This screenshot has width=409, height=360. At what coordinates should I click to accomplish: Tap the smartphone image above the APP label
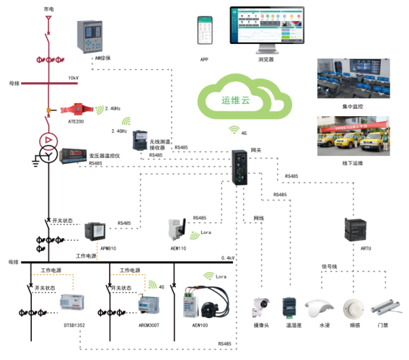click(x=205, y=32)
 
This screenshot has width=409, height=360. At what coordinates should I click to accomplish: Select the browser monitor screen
click(x=265, y=28)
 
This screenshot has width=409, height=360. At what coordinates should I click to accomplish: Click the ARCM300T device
click(x=153, y=304)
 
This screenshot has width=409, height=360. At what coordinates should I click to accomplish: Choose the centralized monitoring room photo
click(x=355, y=81)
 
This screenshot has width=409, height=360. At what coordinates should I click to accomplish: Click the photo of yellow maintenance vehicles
click(x=355, y=136)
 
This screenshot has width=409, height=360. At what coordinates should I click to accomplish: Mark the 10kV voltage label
click(x=74, y=78)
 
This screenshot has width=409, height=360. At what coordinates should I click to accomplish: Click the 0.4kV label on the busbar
click(x=229, y=258)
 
